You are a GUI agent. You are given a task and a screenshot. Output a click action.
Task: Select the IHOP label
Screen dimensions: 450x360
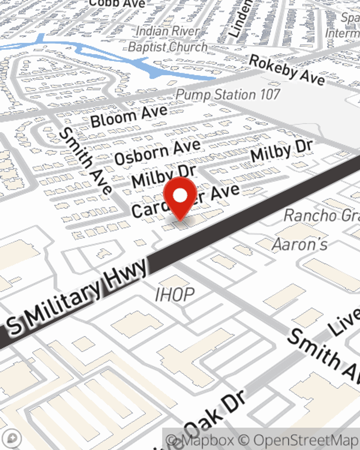click(175, 295)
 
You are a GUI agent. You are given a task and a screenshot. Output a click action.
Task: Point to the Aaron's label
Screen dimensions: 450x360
click(300, 244)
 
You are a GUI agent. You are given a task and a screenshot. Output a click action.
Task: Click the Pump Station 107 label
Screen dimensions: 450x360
click(228, 95)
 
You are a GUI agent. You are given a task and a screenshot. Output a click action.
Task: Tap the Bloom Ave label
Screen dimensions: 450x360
click(129, 116)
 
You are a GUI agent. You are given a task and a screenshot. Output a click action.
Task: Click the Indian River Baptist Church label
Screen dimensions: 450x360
click(168, 39)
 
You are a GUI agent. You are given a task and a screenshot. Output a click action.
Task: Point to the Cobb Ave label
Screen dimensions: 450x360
click(117, 4)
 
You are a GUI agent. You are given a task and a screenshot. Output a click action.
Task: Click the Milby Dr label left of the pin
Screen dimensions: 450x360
click(164, 176)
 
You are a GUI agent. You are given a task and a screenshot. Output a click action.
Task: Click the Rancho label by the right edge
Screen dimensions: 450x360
click(321, 215)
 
